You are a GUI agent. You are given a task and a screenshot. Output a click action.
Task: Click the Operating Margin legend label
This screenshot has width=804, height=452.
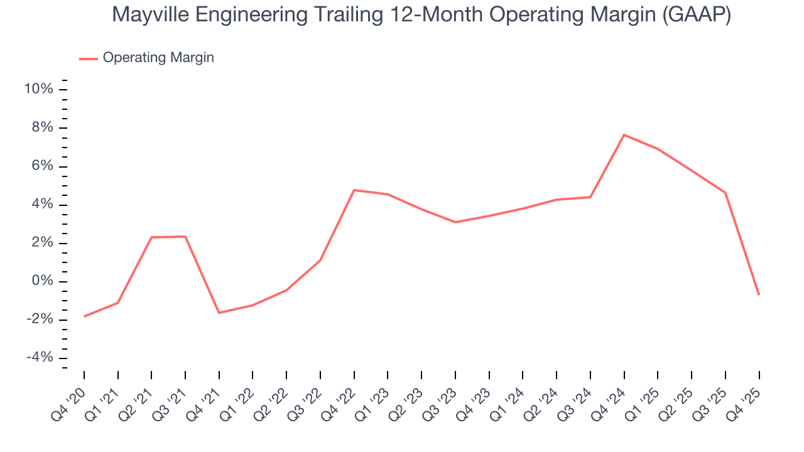(x=158, y=58)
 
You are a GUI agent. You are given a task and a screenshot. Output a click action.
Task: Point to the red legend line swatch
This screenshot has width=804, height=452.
(x=88, y=58)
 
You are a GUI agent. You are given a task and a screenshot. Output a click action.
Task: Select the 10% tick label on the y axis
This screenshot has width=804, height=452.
(x=38, y=89)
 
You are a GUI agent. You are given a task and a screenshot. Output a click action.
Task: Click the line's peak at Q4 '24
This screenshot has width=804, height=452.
(x=624, y=135)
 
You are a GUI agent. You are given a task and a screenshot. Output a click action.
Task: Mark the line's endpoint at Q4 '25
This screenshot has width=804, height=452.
(x=759, y=294)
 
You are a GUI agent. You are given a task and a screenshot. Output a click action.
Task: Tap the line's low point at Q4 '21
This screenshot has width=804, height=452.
(x=219, y=313)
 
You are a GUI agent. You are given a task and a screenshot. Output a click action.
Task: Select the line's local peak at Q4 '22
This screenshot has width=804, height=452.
(x=354, y=190)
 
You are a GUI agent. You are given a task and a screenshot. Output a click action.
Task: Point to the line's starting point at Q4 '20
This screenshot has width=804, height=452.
(x=84, y=316)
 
